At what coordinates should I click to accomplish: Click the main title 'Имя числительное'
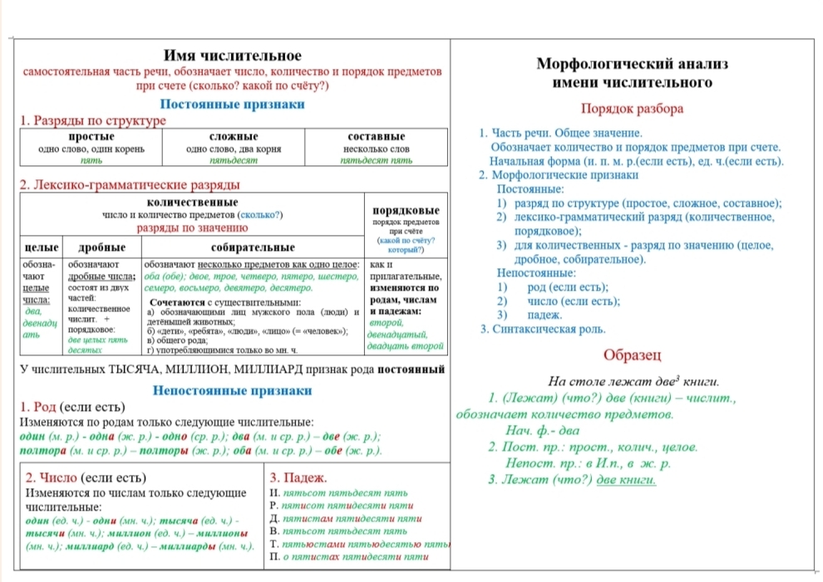(x=232, y=56)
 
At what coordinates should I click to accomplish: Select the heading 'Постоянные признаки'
(x=232, y=105)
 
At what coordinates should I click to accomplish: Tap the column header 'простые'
(x=91, y=136)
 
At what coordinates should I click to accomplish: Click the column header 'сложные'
(x=234, y=136)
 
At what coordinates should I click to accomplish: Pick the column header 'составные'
(x=376, y=136)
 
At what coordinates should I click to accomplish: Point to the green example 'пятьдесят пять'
(x=376, y=159)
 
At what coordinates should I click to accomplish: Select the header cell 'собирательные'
(x=253, y=247)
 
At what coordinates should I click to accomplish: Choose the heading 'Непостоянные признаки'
(x=232, y=390)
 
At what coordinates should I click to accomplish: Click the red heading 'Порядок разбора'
(x=632, y=109)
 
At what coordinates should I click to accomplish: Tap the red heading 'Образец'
(x=632, y=356)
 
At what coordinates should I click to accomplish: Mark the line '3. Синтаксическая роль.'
(x=543, y=330)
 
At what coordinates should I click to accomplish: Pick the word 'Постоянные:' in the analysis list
(x=530, y=189)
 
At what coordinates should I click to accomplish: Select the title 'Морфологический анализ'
(x=632, y=64)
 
